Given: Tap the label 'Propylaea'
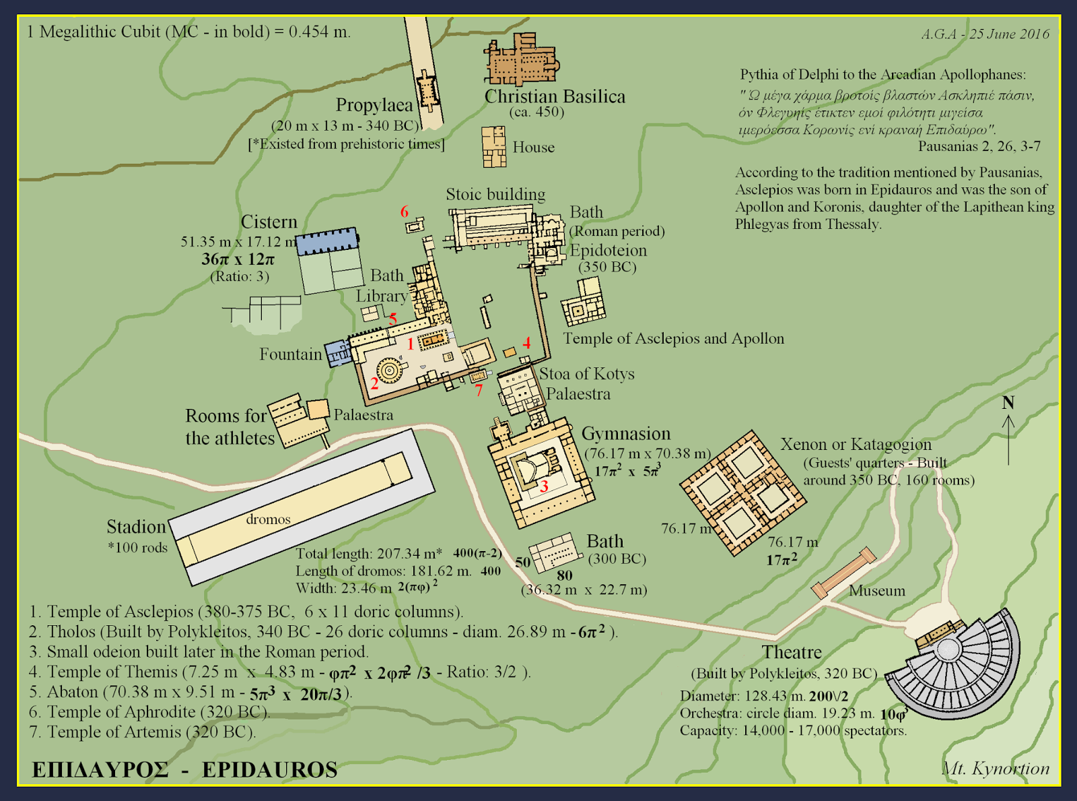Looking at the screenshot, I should click(x=374, y=105).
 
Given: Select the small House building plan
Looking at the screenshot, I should click(x=493, y=146).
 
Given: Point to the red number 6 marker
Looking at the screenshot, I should click(x=405, y=212).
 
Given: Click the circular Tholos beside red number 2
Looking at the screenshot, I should click(x=389, y=369).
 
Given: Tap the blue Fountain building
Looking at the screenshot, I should click(x=337, y=353).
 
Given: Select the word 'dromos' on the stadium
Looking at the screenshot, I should click(x=268, y=519).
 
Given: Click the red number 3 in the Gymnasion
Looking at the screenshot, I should click(x=544, y=485).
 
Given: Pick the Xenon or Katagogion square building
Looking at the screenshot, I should click(x=743, y=493).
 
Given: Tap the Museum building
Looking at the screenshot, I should click(x=843, y=573).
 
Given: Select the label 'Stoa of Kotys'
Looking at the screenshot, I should click(x=586, y=374).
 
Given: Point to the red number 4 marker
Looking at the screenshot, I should click(x=526, y=343).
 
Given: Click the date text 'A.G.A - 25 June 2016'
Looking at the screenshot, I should click(x=985, y=34).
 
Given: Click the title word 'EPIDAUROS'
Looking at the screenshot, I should click(x=269, y=770).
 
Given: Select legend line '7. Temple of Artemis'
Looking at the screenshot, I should click(x=142, y=732).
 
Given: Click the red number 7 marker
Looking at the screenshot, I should click(x=479, y=390).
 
